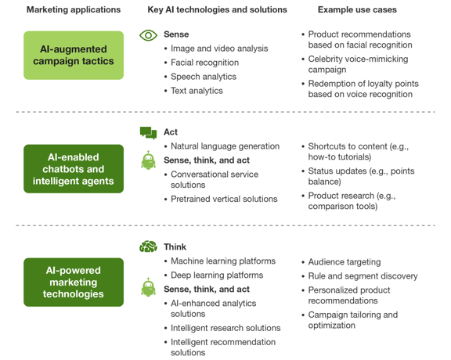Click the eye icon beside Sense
click(x=148, y=35)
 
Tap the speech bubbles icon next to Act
click(x=149, y=133)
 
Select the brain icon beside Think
click(x=149, y=247)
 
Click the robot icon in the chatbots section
click(x=149, y=160)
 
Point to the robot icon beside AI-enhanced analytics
click(x=149, y=287)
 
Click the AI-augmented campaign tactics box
click(x=74, y=56)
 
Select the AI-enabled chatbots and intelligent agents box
click(x=74, y=169)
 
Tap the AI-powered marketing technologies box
click(x=74, y=282)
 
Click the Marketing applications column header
click(x=74, y=9)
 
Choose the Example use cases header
click(x=357, y=9)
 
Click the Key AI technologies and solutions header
click(x=217, y=9)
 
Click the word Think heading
click(x=175, y=247)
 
